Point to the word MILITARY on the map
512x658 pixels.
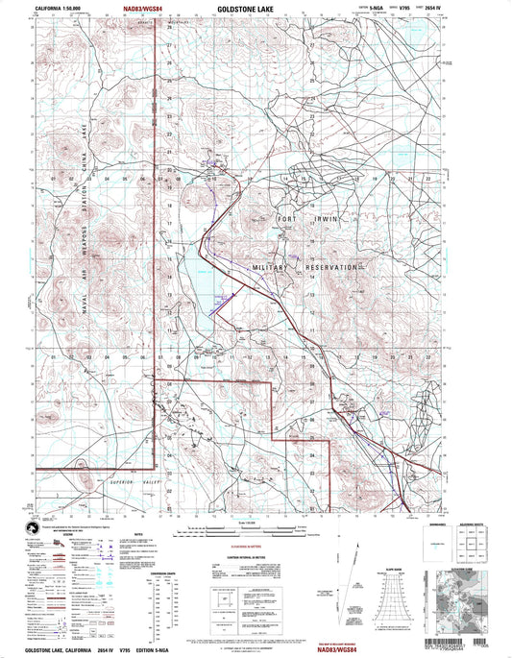tap(270, 267)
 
